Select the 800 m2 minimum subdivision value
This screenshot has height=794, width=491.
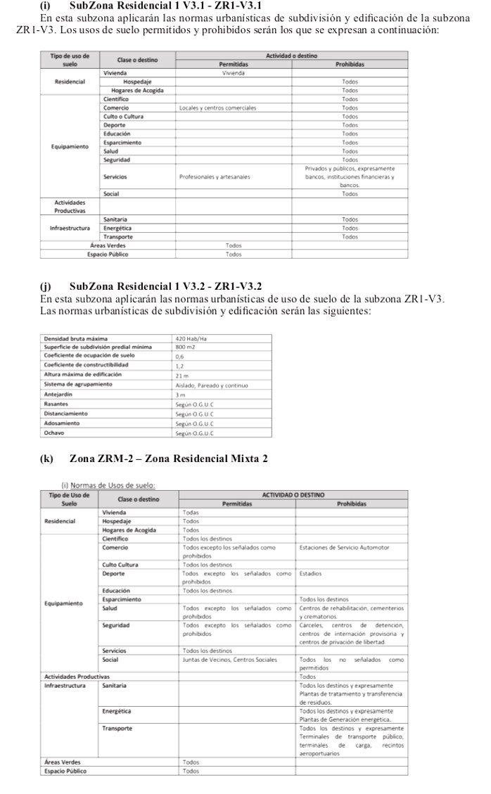[185, 347]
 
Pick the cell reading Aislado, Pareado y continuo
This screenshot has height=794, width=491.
[212, 385]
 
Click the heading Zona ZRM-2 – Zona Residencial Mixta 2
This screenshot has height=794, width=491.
[169, 459]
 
